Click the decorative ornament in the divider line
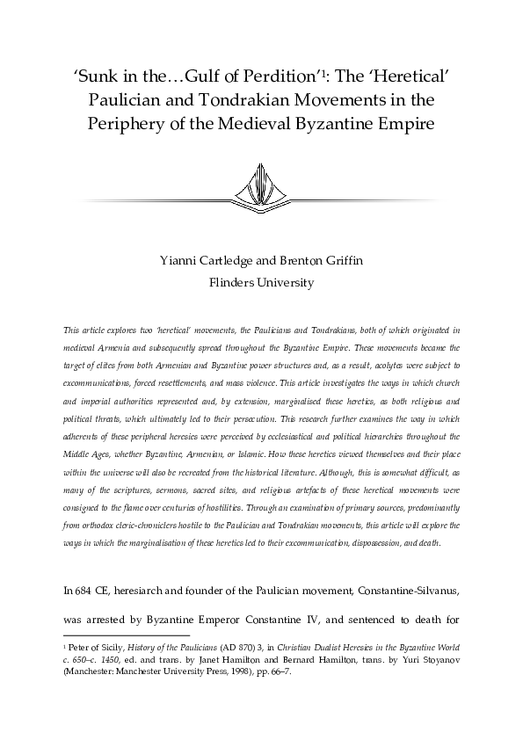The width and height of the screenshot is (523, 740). [x=261, y=186]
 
